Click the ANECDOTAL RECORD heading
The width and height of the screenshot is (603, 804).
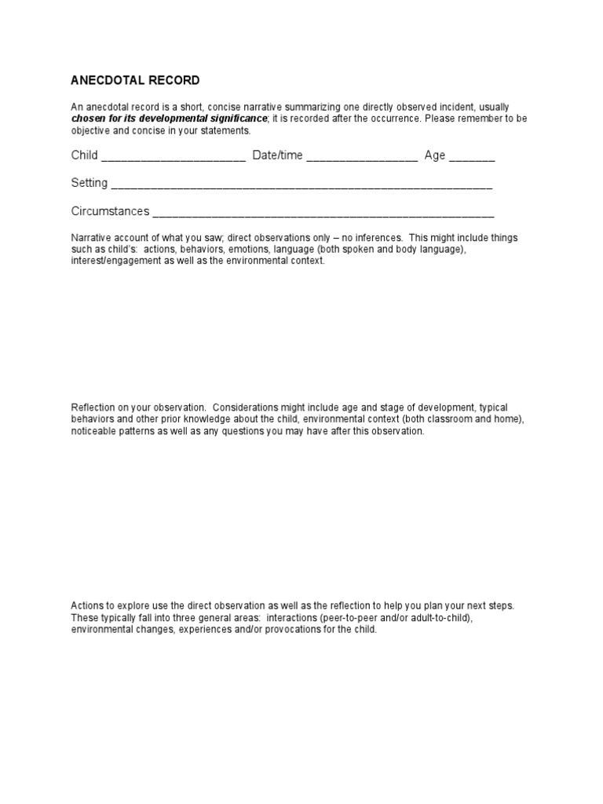(x=135, y=80)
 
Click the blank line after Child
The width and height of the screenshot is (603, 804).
(x=174, y=156)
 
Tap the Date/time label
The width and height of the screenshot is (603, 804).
(x=277, y=155)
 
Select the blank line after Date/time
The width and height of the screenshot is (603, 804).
(x=362, y=156)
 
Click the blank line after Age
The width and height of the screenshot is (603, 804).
(x=472, y=156)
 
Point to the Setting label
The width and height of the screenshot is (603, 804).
(x=90, y=183)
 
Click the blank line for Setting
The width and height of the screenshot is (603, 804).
(x=301, y=185)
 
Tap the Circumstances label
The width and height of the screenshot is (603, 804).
(x=110, y=211)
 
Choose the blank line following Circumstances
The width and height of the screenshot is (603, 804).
(x=323, y=213)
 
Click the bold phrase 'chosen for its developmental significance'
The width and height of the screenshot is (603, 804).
(x=170, y=118)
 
